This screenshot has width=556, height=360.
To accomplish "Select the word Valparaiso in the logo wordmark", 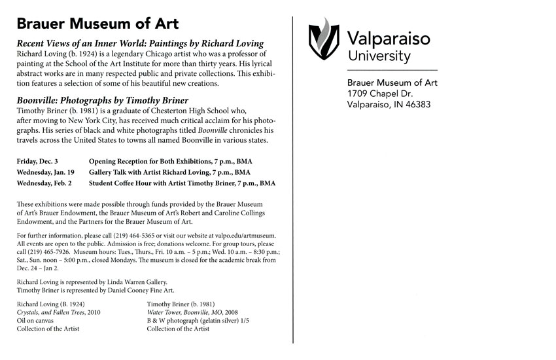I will tap(388, 39).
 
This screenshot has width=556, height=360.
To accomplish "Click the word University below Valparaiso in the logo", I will tap(379, 56).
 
